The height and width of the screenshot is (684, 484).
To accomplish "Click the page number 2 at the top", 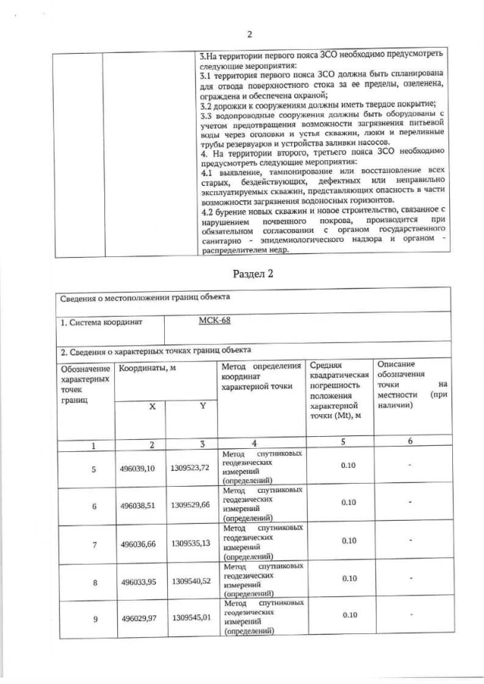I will (x=249, y=35).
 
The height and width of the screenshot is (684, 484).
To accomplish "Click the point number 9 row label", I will (x=95, y=619).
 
